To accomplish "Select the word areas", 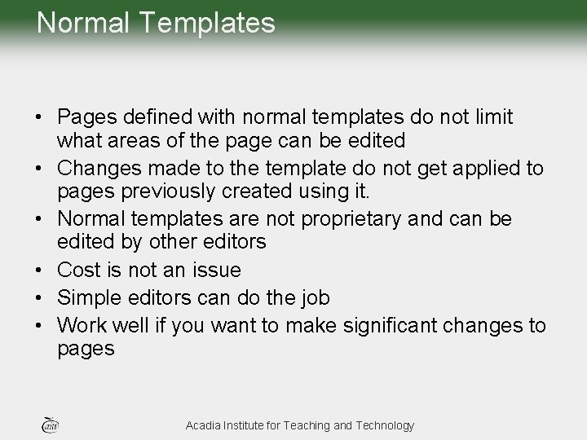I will [130, 141].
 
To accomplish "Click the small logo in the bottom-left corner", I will [48, 424].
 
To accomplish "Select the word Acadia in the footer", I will [204, 425].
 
